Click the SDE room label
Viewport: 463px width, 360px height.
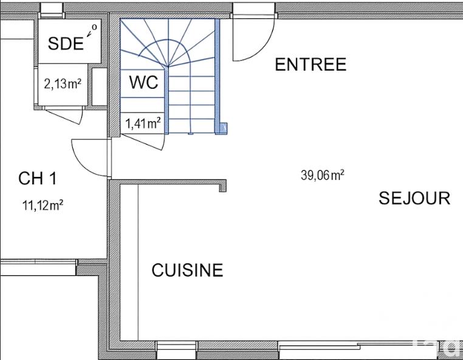coord(66,44)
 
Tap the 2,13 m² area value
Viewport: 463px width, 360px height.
coord(63,84)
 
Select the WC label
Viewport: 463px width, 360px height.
coord(143,83)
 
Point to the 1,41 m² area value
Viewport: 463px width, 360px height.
coord(143,124)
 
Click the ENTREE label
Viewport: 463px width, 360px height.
coord(310,64)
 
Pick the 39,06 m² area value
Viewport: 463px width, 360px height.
coord(323,176)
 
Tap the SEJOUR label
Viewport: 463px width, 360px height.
coord(414,198)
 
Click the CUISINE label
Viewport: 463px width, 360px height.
coord(187,270)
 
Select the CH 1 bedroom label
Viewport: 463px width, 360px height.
coord(38,178)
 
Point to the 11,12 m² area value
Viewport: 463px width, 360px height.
coord(43,206)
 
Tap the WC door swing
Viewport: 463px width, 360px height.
coord(146,139)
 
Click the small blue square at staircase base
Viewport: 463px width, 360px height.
coord(223,128)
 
